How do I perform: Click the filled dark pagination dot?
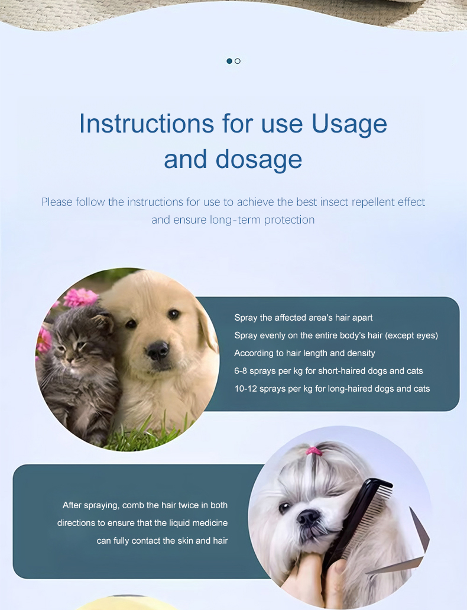coord(229,61)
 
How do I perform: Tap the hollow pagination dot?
coord(238,61)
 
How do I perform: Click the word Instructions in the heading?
coord(147,124)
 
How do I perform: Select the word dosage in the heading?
coord(258,160)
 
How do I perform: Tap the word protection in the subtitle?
coord(289,220)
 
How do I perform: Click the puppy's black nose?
coord(158,349)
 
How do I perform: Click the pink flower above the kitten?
coord(80,298)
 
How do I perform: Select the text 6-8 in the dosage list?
coord(241,371)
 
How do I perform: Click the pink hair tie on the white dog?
coord(314,451)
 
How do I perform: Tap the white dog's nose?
coord(308,518)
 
